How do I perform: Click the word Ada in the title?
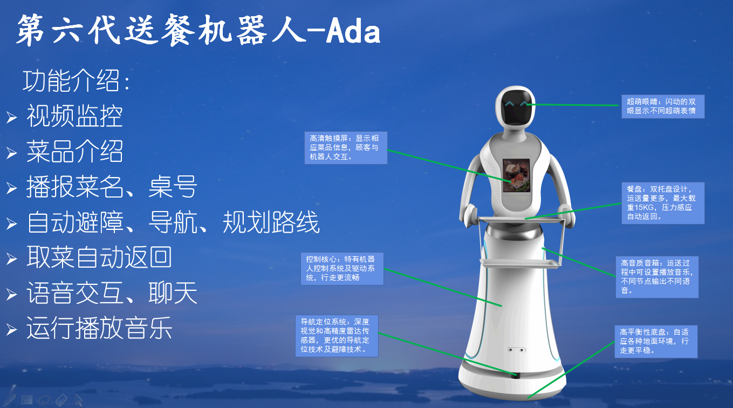(353, 31)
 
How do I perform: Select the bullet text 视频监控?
(74, 116)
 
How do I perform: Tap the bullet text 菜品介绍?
(74, 151)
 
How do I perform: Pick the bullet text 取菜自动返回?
(99, 257)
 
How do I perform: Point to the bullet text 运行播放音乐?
(99, 328)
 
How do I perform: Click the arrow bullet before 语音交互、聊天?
(11, 294)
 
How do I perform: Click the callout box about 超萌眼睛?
(663, 106)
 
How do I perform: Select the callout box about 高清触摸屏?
(346, 148)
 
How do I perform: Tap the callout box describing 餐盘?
(663, 203)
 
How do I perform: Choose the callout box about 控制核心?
(342, 269)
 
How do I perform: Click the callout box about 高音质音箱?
(657, 277)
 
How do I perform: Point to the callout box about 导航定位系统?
(337, 336)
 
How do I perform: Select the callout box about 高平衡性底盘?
(656, 342)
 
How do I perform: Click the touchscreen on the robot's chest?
(516, 175)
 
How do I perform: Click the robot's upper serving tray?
(520, 219)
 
